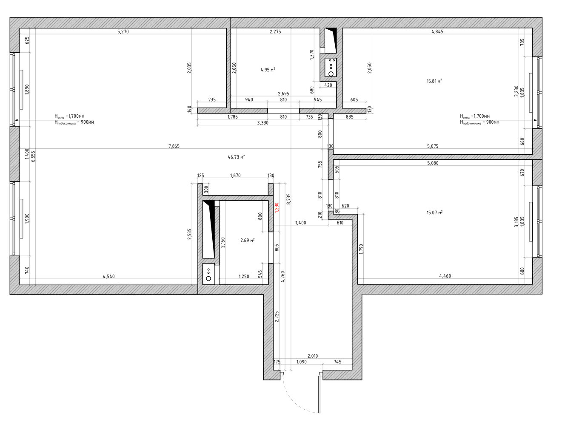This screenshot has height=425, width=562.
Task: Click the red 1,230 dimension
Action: pyautogui.click(x=276, y=207)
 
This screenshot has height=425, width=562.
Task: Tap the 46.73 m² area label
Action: pyautogui.click(x=236, y=157)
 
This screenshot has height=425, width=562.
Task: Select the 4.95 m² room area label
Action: pyautogui.click(x=268, y=70)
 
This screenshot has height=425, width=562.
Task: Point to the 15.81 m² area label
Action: pyautogui.click(x=434, y=81)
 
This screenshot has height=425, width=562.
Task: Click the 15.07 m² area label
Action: pyautogui.click(x=434, y=212)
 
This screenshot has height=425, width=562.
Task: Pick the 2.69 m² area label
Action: pyautogui.click(x=247, y=240)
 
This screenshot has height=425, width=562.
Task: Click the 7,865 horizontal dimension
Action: pyautogui.click(x=174, y=146)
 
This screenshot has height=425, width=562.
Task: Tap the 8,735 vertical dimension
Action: pyautogui.click(x=288, y=199)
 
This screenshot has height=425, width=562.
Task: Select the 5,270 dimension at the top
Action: pyautogui.click(x=123, y=32)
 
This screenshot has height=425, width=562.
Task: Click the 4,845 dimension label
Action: pyautogui.click(x=437, y=32)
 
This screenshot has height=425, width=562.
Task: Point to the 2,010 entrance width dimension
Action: pyautogui.click(x=313, y=356)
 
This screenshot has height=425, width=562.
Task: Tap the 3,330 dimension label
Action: pyautogui.click(x=262, y=123)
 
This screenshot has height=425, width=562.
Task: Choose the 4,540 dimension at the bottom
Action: pyautogui.click(x=108, y=276)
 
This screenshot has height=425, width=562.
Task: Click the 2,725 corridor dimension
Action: pyautogui.click(x=277, y=316)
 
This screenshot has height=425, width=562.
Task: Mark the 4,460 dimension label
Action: pyautogui.click(x=445, y=276)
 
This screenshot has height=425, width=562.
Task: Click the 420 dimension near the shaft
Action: pyautogui.click(x=328, y=85)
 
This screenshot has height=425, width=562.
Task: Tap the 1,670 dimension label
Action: pyautogui.click(x=235, y=176)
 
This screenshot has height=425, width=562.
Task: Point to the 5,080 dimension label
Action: pyautogui.click(x=433, y=163)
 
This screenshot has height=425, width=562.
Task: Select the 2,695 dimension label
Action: pyautogui.click(x=283, y=93)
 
